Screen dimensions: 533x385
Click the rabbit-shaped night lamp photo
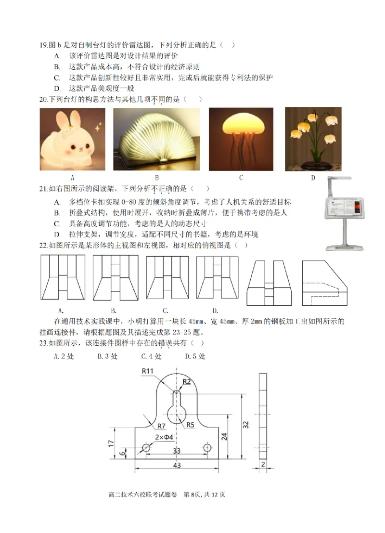click(x=72, y=140)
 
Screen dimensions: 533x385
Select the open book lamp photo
click(x=156, y=139)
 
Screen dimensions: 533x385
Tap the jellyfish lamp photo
click(x=241, y=139)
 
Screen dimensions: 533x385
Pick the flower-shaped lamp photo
click(x=313, y=139)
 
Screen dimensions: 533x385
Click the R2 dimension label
click(x=187, y=381)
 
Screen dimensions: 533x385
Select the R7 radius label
click(x=160, y=426)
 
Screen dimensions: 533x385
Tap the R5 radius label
click(x=191, y=425)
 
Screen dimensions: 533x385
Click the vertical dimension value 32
click(x=245, y=424)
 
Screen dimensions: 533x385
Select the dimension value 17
click(x=110, y=443)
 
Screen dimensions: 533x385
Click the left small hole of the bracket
click(x=146, y=448)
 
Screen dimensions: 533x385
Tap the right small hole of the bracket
click(x=207, y=448)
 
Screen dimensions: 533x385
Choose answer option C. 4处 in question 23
click(x=151, y=356)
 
